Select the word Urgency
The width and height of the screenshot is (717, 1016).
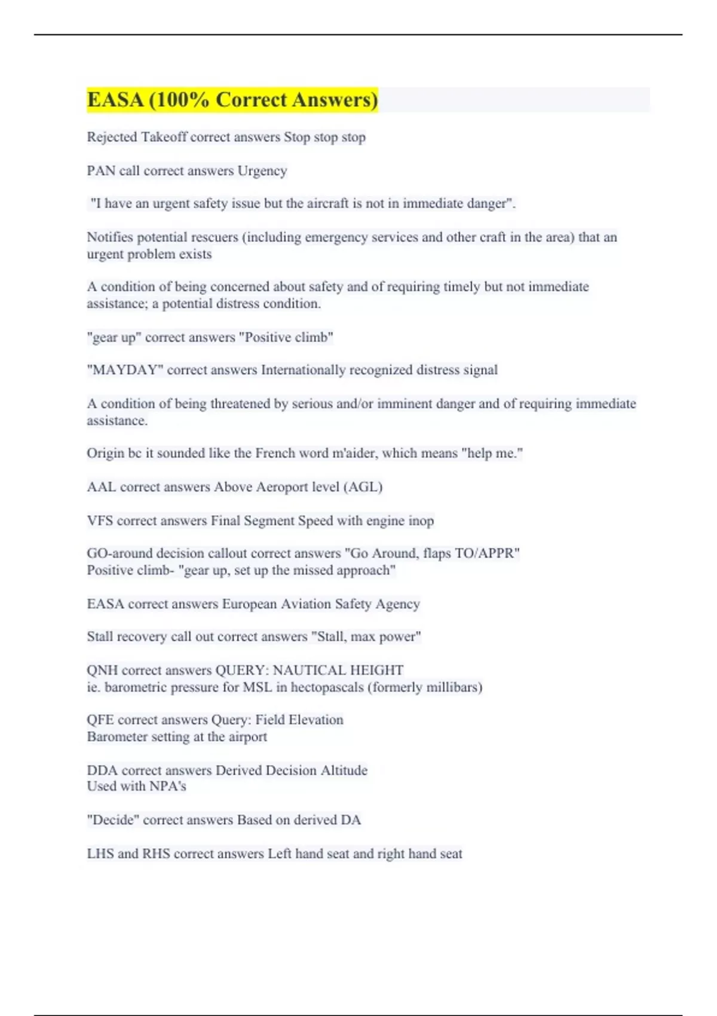point(262,171)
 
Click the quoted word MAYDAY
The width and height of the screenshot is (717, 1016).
point(125,370)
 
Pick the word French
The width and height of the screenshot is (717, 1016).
point(275,453)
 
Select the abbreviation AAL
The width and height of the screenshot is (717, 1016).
point(101,487)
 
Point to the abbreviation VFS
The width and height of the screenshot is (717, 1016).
point(100,521)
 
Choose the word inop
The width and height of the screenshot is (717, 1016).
point(421,521)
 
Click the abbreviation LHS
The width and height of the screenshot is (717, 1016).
point(100,854)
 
